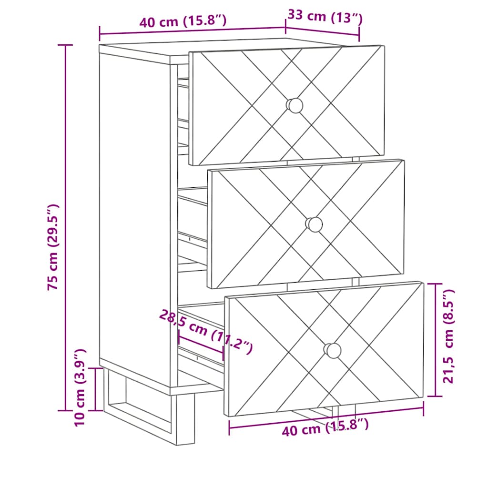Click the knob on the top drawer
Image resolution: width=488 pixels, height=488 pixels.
(295, 105)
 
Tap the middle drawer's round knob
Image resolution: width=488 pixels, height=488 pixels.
(314, 224)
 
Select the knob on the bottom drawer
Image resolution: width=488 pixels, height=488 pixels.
(332, 350)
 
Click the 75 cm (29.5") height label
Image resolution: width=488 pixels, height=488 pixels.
(53, 247)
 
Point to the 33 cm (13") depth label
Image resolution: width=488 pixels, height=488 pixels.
(325, 17)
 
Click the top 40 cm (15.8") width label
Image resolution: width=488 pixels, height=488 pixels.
(183, 21)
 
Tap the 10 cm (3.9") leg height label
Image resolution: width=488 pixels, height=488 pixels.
(80, 388)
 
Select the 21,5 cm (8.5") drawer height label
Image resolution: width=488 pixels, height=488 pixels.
(449, 336)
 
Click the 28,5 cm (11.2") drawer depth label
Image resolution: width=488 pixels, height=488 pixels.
(206, 332)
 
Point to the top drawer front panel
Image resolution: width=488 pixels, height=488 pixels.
(286, 105)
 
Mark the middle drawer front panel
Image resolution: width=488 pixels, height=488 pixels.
(306, 224)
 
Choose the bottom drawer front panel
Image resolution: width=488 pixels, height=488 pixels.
(324, 349)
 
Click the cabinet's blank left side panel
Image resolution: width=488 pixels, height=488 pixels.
(134, 215)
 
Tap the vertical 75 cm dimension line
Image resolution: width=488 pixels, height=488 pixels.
(65, 227)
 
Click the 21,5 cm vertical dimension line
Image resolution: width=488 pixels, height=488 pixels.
(435, 340)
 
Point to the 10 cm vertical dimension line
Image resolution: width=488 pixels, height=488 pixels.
(95, 389)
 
